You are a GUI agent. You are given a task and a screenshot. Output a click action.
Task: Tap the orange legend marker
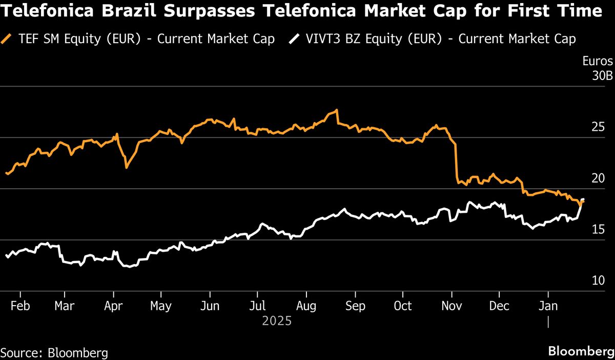(x=7, y=38)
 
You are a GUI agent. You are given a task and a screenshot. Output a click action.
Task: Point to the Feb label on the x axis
(x=19, y=306)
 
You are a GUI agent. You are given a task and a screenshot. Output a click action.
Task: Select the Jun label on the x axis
(x=210, y=306)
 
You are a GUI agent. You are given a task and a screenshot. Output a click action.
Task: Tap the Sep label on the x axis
(x=355, y=306)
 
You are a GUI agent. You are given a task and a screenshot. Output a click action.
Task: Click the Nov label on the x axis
(x=452, y=306)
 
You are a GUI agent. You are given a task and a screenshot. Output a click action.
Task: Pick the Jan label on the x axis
(x=548, y=306)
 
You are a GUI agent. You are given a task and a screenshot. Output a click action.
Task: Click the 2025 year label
(x=277, y=322)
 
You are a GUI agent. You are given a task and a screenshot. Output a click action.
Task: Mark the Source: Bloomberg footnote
(x=54, y=353)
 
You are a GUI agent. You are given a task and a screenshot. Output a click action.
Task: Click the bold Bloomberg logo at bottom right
(x=580, y=352)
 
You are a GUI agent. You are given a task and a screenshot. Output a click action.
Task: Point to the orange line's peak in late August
(x=336, y=110)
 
